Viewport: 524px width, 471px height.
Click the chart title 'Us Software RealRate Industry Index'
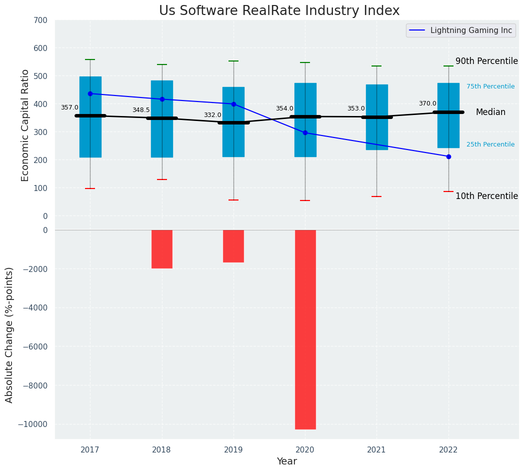pyautogui.click(x=279, y=11)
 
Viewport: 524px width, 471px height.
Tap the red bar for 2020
pyautogui.click(x=305, y=329)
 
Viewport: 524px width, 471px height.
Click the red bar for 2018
pyautogui.click(x=162, y=249)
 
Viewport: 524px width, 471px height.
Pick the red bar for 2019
pyautogui.click(x=233, y=246)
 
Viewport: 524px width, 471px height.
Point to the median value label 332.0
pyautogui.click(x=212, y=115)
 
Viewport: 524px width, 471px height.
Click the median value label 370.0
pyautogui.click(x=427, y=103)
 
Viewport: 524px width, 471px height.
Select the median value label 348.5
pyautogui.click(x=141, y=110)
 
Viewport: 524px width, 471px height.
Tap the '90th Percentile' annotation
pyautogui.click(x=486, y=61)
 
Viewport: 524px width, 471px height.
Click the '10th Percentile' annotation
pyautogui.click(x=486, y=196)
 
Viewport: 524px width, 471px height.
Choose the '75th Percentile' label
pyautogui.click(x=490, y=86)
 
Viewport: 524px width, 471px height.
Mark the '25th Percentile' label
pyautogui.click(x=490, y=144)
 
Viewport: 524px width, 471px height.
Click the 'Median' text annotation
pyautogui.click(x=490, y=112)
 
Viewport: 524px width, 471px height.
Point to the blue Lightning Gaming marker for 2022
pyautogui.click(x=448, y=156)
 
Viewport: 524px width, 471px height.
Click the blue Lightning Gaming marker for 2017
pyautogui.click(x=90, y=93)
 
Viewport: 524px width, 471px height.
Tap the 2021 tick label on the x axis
pyautogui.click(x=376, y=450)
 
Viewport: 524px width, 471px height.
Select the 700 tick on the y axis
pyautogui.click(x=41, y=20)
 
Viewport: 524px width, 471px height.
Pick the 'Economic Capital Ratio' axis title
pyautogui.click(x=25, y=125)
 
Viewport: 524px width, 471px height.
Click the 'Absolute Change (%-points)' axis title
pyautogui.click(x=9, y=334)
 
